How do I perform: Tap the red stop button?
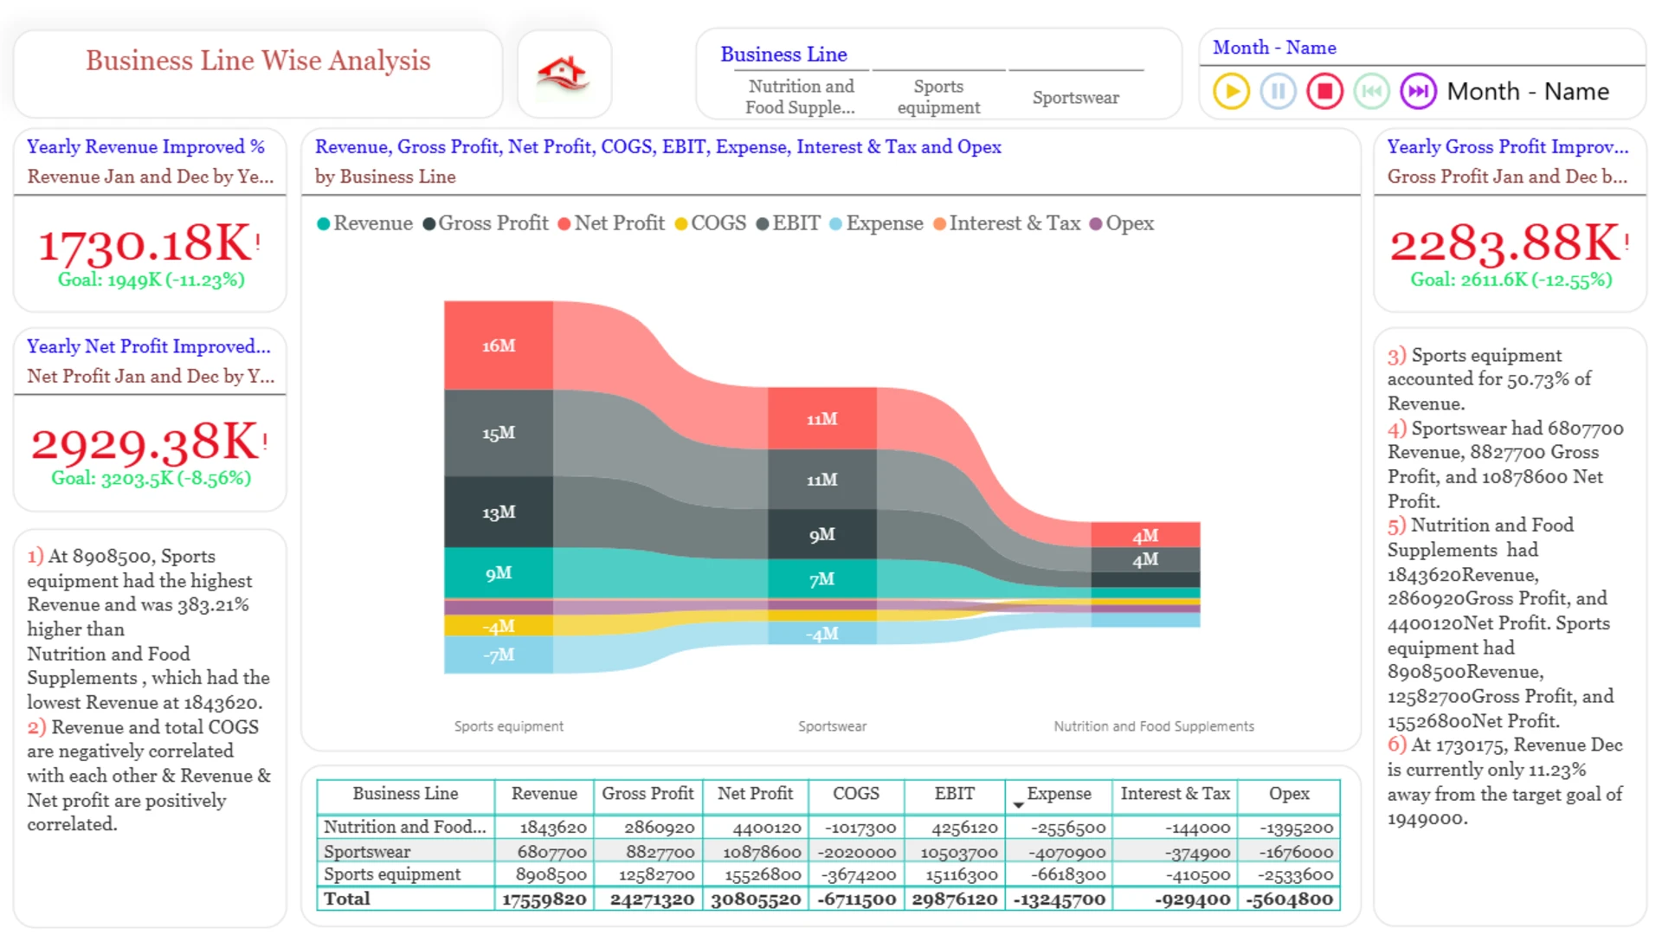[1324, 91]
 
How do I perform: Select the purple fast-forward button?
[1418, 91]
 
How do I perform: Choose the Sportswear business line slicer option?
[1075, 97]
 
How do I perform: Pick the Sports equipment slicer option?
[938, 97]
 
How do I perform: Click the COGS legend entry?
[710, 223]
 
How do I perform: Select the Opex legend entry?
[1122, 223]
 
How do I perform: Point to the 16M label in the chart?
[499, 345]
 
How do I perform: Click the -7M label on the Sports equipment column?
[499, 654]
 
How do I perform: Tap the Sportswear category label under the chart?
[832, 726]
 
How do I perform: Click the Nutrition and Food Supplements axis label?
[1153, 726]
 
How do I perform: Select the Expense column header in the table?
[1058, 794]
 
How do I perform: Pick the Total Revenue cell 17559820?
[544, 900]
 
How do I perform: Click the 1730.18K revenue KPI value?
[145, 243]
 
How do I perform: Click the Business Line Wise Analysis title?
[258, 61]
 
